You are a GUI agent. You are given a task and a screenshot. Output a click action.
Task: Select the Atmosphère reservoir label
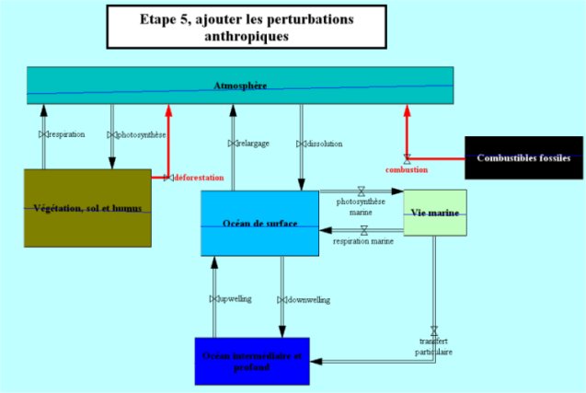[x=240, y=86]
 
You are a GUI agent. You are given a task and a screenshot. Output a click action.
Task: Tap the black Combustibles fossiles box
[x=523, y=158]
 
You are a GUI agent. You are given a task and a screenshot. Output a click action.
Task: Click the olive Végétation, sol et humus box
[x=86, y=208]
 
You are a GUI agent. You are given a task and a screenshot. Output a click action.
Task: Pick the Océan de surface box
[x=259, y=224]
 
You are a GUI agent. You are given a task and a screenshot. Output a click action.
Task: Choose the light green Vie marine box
[x=435, y=213]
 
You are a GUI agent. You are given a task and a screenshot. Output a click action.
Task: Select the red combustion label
[x=406, y=170]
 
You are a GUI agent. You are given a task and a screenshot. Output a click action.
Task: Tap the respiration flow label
[x=66, y=134]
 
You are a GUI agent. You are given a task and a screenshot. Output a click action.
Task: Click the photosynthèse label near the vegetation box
[x=141, y=134]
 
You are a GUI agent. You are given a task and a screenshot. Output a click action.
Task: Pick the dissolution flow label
[x=324, y=144]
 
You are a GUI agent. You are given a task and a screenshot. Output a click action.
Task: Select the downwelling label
[x=308, y=299]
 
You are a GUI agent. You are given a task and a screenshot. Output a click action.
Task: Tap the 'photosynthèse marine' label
[x=361, y=205]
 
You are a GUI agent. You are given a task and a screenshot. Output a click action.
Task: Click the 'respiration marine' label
[x=363, y=241]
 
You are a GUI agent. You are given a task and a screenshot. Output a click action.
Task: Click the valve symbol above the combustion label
[x=407, y=158]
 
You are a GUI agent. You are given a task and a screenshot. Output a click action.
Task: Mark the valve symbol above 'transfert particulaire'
[x=434, y=330]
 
